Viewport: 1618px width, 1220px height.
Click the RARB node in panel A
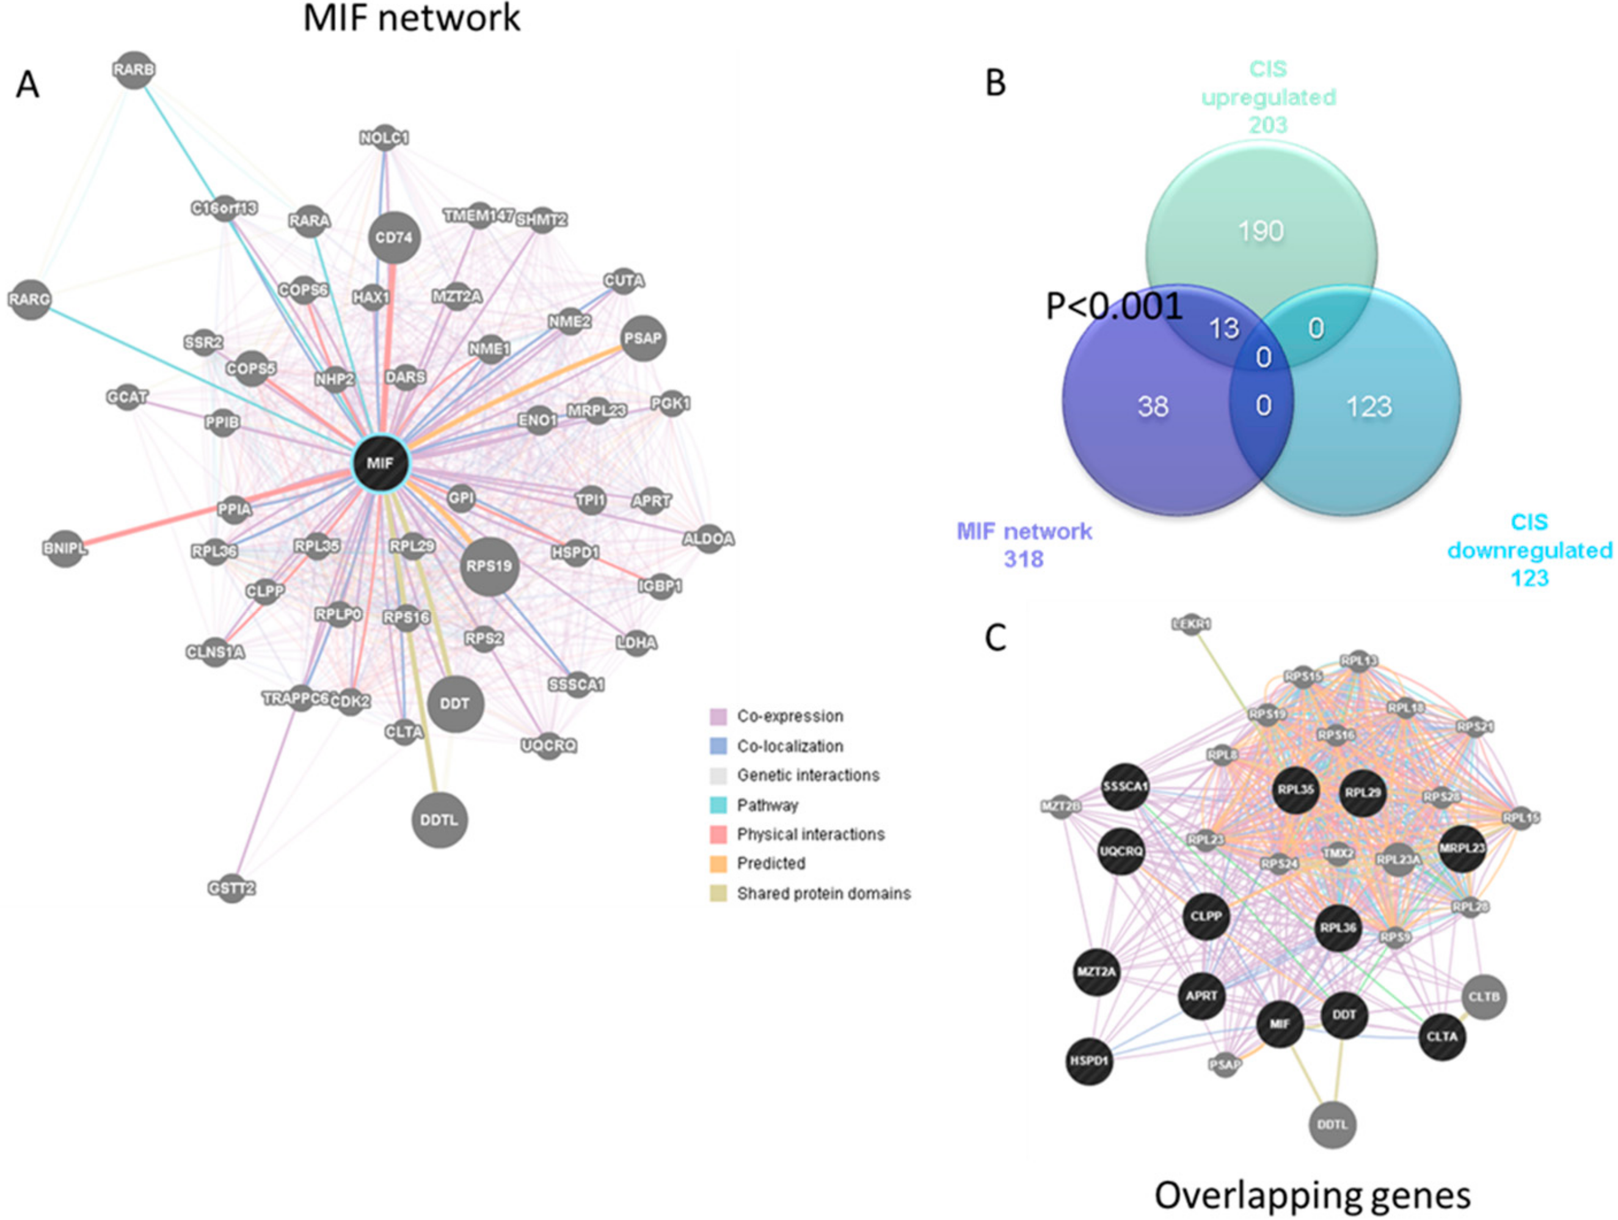point(134,70)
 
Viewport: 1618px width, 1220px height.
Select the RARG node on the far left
point(30,299)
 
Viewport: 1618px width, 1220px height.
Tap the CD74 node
point(394,238)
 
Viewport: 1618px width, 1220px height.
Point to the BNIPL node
point(66,549)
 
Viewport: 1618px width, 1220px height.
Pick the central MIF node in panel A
point(381,463)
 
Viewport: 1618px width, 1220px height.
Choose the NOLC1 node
point(385,137)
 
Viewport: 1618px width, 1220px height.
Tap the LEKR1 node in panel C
point(1192,624)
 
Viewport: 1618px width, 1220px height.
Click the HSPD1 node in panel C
point(1090,1060)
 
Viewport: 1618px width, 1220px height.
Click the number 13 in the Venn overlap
point(1224,329)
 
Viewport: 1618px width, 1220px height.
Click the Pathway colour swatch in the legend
point(718,805)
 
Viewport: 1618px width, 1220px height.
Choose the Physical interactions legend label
point(811,835)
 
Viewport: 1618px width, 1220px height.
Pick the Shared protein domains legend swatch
point(718,894)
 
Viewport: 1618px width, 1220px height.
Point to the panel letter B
point(996,82)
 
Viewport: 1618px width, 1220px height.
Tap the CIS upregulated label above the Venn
point(1269,97)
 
